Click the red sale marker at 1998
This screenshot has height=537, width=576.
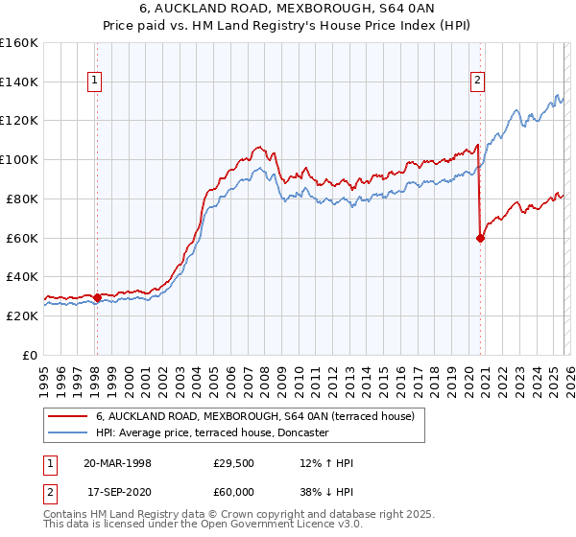pos(98,297)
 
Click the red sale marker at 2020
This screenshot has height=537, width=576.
pos(480,239)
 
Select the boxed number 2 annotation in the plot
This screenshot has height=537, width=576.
pos(477,82)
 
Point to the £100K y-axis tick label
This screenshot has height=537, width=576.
pos(19,159)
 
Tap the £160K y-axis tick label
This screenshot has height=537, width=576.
pos(19,43)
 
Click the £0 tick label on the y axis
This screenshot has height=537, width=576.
pos(30,355)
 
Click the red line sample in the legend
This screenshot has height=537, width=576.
pos(66,416)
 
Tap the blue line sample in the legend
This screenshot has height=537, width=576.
pos(66,432)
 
